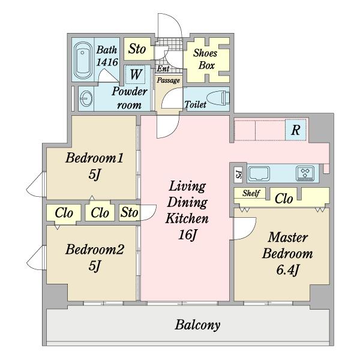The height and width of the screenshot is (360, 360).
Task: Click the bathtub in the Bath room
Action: pos(83,60)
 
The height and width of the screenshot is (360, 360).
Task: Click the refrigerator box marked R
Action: pos(295,130)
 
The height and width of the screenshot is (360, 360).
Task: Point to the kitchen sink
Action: pos(259,173)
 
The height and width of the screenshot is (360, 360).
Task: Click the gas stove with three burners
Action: pos(305,173)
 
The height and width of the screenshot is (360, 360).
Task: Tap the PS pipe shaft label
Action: pos(239,175)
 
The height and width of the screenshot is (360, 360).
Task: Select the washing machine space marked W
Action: pos(136,74)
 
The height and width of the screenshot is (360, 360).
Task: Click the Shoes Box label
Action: pos(205,59)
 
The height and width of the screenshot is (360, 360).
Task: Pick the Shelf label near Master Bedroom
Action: pos(251,193)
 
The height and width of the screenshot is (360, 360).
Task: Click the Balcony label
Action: pos(197,325)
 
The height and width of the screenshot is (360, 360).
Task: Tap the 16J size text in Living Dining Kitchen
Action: pos(188,235)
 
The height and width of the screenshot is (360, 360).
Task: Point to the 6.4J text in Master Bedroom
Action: pos(287,270)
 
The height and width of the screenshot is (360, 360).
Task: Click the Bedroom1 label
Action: pos(94,158)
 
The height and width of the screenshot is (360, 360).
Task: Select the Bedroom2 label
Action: pos(95,250)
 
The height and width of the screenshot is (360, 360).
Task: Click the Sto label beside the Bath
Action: pos(137,49)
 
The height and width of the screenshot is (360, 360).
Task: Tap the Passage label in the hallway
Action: pos(168,80)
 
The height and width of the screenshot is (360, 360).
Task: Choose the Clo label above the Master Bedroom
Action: pos(284,199)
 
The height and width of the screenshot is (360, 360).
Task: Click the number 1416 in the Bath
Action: pos(107,62)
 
